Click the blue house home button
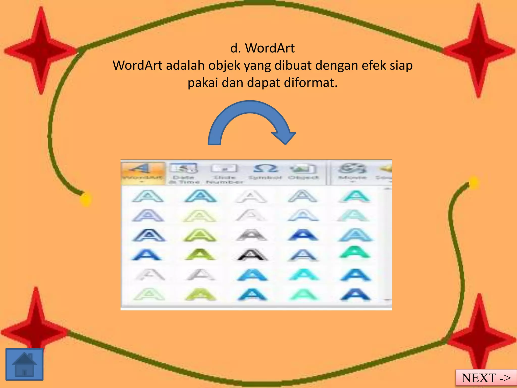click(24, 364)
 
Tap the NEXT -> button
click(486, 378)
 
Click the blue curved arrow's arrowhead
click(285, 137)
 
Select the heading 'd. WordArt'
click(262, 48)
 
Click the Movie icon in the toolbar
click(352, 171)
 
